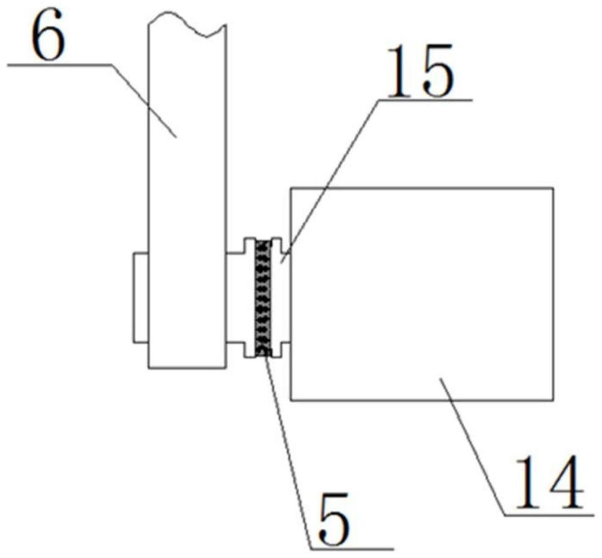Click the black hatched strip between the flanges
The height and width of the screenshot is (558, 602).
tap(264, 298)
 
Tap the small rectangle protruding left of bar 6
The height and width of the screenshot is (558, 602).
tap(141, 297)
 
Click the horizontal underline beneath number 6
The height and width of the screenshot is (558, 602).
tap(59, 65)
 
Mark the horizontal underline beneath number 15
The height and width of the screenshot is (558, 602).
tap(425, 100)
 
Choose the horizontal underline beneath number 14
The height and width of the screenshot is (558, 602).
tap(549, 514)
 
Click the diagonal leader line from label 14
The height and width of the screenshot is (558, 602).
tap(472, 446)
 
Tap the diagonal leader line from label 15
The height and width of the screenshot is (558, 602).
tap(330, 181)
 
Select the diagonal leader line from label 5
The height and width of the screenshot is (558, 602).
tap(288, 452)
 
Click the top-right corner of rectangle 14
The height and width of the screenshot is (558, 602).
tap(553, 188)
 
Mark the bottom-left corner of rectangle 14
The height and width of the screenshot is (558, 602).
tap(291, 400)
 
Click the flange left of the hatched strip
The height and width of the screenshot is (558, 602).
tap(249, 298)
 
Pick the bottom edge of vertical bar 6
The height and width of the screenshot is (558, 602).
tap(187, 368)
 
